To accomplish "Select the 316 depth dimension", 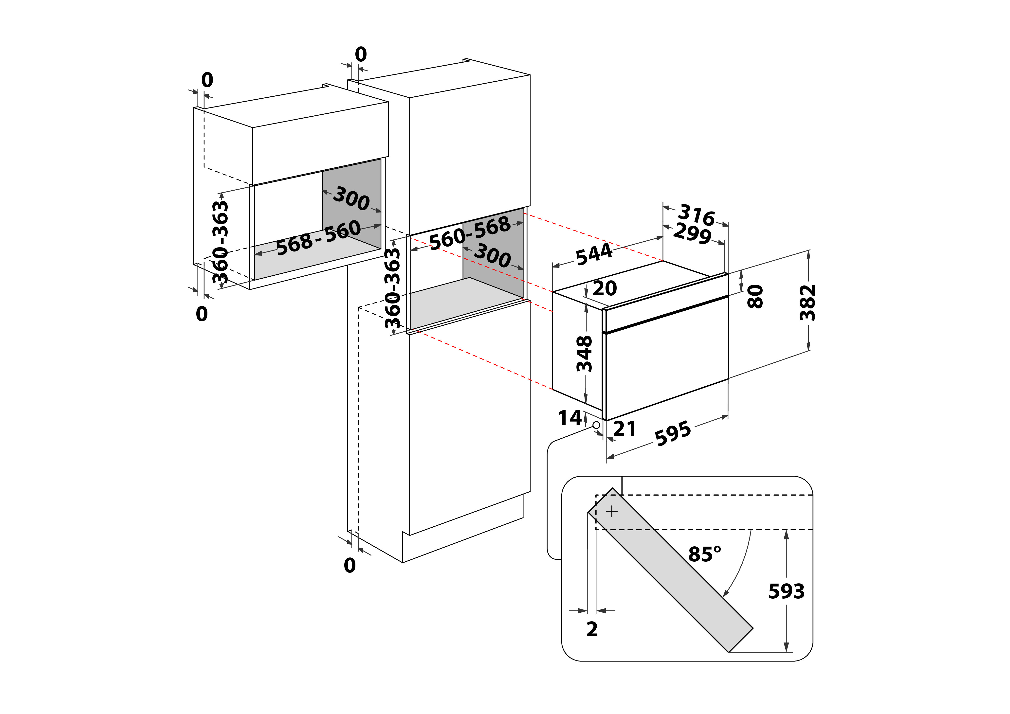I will pyautogui.click(x=696, y=215).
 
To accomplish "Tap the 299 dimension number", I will pyautogui.click(x=692, y=233).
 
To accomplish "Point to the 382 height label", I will pyautogui.click(x=808, y=303).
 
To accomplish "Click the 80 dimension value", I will pyautogui.click(x=756, y=296).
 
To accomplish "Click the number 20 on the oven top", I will pyautogui.click(x=605, y=288).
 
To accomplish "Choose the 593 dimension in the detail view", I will pyautogui.click(x=786, y=591).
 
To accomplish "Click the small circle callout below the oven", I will pyautogui.click(x=596, y=425).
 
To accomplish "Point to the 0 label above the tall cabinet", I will pyautogui.click(x=361, y=54).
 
